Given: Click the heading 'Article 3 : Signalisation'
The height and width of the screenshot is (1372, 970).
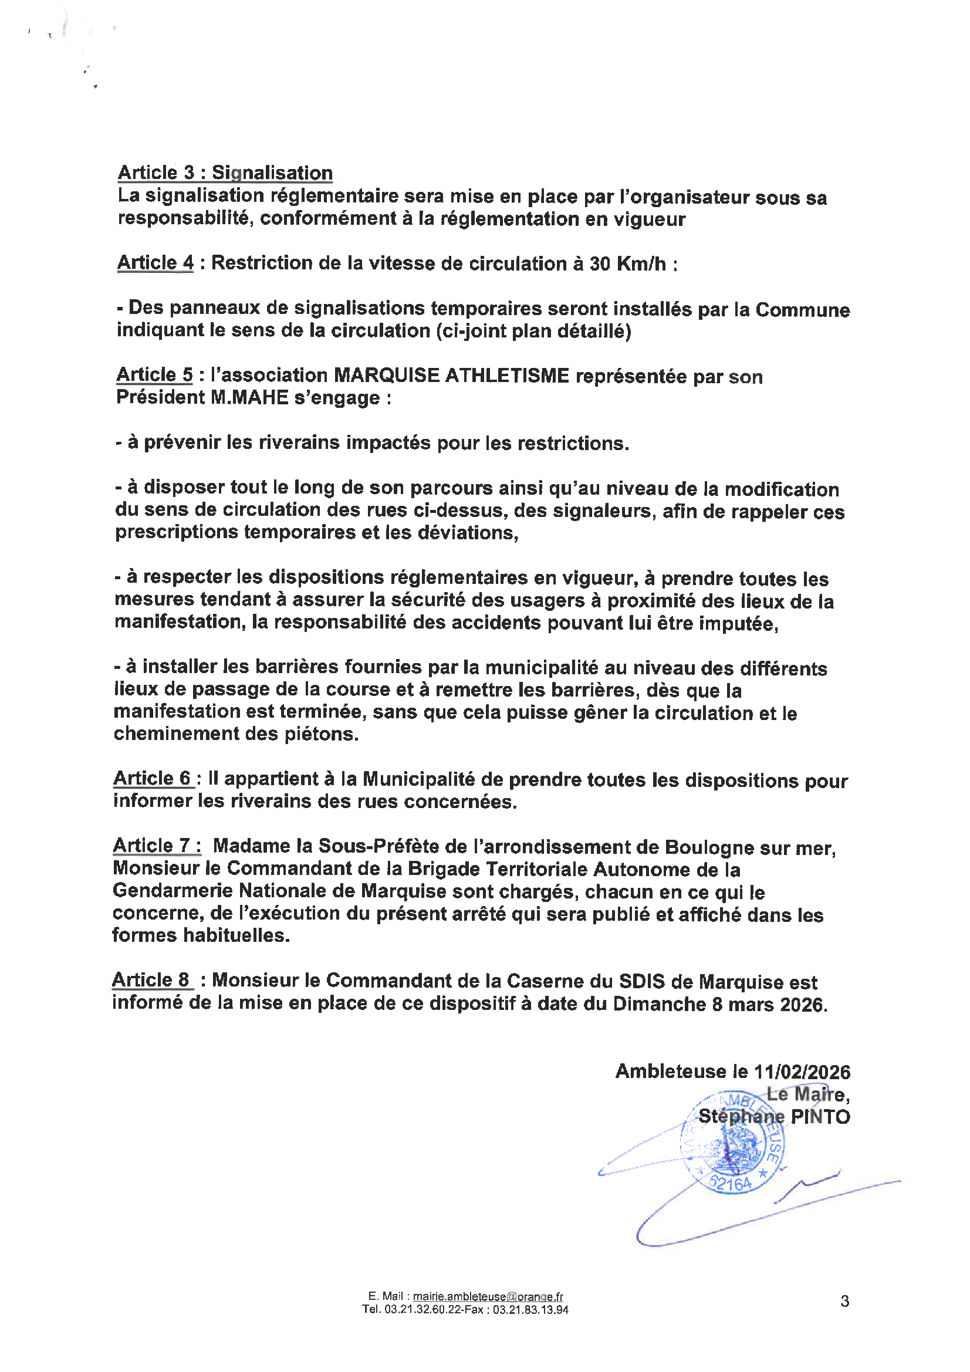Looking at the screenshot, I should (225, 173).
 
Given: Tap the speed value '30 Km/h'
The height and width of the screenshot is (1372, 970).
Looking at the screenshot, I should (627, 263).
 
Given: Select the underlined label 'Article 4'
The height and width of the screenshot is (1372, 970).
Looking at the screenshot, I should (156, 262).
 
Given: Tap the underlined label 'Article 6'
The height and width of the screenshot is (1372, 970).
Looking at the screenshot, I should (153, 778).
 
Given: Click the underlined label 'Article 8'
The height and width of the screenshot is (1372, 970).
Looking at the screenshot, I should (151, 980).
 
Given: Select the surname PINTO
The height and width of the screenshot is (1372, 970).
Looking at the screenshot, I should (820, 1116).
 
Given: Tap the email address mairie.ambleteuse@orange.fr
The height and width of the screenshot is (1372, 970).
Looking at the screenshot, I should (488, 1297).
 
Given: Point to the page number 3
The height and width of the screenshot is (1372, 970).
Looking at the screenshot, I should (844, 1301).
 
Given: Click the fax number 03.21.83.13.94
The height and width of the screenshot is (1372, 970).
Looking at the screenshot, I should (530, 1310).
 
